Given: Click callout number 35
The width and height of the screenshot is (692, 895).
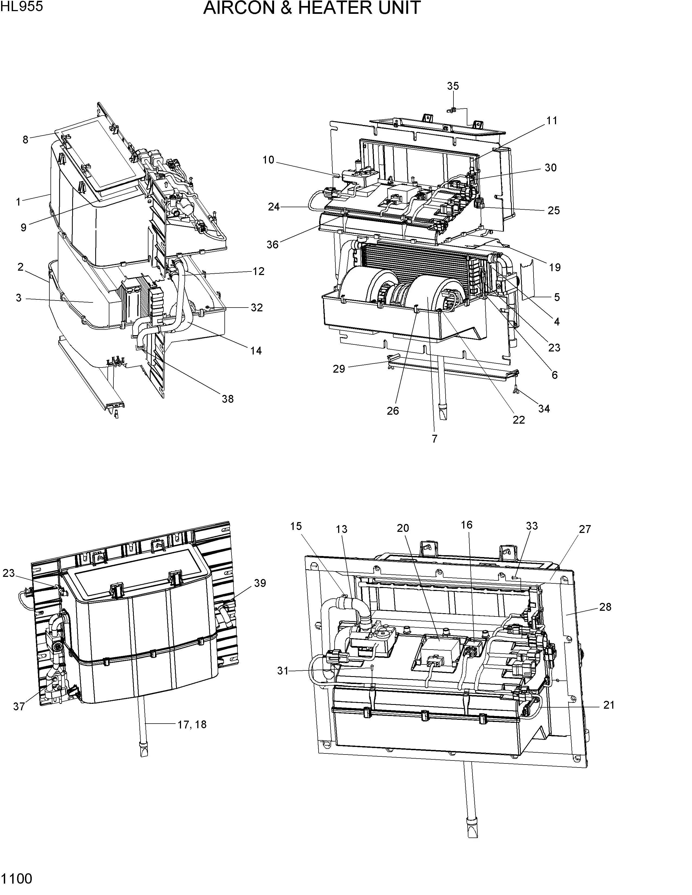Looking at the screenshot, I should (453, 86).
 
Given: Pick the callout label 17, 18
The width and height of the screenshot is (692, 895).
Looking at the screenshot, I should (192, 736).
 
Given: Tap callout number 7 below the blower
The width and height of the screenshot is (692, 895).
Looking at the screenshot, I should (434, 439).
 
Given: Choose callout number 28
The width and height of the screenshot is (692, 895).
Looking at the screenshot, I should (605, 607).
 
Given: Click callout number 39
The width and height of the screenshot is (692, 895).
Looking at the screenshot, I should (260, 583).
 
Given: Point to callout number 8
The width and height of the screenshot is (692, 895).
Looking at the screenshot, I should (26, 140).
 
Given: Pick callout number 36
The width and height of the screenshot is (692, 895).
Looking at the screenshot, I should (272, 245).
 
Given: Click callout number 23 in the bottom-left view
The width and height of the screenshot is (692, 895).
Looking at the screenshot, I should (9, 573).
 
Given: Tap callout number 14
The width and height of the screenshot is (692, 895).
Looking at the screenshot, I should (256, 350).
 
